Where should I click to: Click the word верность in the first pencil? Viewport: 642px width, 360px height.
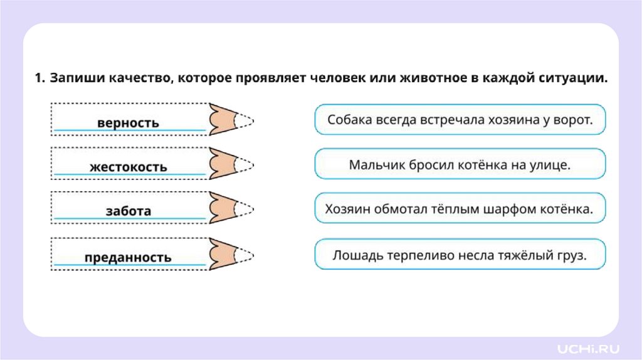click(x=128, y=122)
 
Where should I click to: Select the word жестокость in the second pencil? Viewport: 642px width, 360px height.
click(x=128, y=167)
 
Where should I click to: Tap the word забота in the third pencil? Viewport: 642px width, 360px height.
click(x=128, y=211)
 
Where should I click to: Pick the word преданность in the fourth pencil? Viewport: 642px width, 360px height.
click(x=128, y=257)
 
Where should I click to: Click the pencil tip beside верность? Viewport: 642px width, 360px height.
click(x=232, y=119)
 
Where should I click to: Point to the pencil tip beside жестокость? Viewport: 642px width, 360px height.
click(x=232, y=164)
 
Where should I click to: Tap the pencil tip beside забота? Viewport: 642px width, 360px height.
click(x=232, y=208)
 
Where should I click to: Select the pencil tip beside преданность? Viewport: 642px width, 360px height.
click(x=232, y=253)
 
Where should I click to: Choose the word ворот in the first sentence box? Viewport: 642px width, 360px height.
click(x=572, y=119)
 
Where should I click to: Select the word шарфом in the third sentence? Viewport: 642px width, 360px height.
click(x=506, y=209)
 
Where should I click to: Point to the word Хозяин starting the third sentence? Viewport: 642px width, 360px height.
click(x=347, y=209)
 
